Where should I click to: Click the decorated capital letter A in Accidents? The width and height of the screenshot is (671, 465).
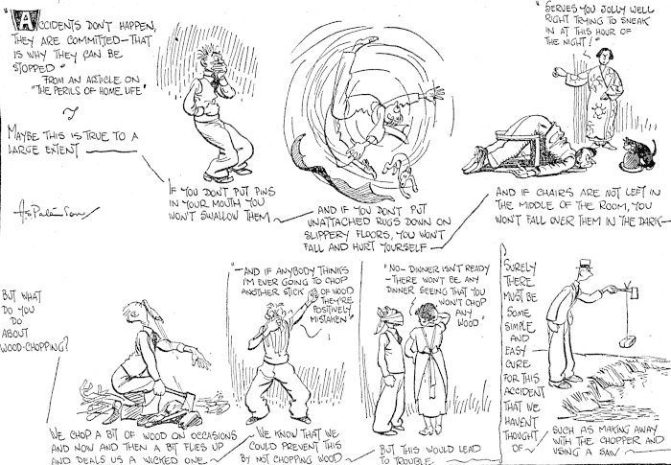21,19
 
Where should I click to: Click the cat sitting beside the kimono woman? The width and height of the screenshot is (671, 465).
639,151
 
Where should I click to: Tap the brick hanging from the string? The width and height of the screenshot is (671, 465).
627,341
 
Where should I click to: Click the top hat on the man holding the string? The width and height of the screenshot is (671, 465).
585,264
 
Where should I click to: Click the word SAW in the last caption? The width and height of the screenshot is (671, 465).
613,453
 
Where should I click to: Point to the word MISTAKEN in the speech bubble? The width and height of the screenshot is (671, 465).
330,320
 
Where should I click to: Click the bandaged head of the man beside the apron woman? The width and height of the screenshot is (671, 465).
389,317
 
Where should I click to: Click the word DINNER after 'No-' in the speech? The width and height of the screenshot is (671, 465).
428,269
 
